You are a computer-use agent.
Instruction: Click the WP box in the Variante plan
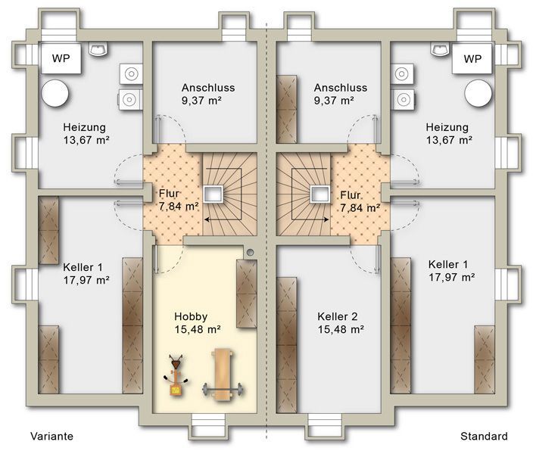[61, 58]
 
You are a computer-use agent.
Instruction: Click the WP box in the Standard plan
[472, 58]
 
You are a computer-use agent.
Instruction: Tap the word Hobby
[191, 317]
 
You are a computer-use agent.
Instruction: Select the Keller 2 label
[338, 316]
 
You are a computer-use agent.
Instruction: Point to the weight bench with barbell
[223, 374]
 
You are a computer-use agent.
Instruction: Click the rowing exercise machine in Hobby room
[176, 375]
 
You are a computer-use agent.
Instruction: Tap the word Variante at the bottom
[52, 436]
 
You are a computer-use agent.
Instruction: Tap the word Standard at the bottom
[484, 436]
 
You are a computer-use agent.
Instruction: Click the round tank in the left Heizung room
[55, 94]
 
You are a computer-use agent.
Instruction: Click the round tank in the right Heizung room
[478, 94]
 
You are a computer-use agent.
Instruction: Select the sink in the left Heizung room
[99, 49]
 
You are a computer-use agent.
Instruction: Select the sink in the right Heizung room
[441, 49]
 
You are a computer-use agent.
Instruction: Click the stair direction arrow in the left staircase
[223, 220]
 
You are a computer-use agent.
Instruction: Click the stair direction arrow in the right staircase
[310, 220]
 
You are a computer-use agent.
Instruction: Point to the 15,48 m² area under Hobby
[198, 329]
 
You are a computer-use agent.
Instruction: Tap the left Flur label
[169, 194]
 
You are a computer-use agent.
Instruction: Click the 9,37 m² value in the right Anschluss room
[334, 101]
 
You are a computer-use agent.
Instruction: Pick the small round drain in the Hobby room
[251, 252]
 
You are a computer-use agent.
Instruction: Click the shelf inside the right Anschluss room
[286, 109]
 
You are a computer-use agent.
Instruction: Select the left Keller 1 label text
[83, 267]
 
